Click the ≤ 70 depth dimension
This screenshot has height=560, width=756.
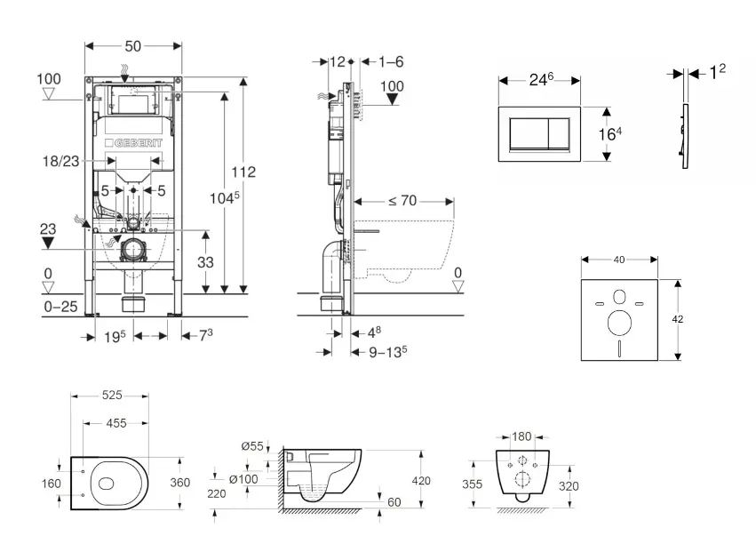click(402, 201)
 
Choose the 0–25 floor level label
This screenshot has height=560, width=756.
click(60, 306)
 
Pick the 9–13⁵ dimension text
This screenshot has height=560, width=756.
click(387, 350)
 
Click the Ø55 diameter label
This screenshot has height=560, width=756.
click(251, 445)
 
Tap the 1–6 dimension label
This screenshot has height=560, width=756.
click(392, 62)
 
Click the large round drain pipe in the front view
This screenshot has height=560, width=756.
click(133, 250)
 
